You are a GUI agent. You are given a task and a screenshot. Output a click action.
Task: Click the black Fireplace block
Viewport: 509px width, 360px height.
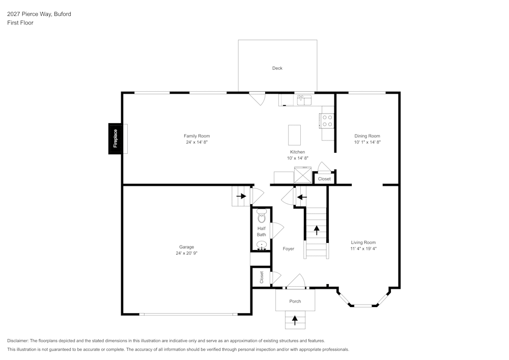pos(115,139)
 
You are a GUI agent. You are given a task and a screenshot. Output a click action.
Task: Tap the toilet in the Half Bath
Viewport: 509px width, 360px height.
pos(262,215)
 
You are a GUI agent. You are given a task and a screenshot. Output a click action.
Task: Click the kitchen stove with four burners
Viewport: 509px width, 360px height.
pos(327,121)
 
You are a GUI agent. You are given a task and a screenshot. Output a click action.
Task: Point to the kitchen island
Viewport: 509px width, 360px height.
pos(294,135)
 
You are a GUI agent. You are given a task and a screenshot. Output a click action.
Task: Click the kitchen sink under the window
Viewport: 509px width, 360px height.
pos(304,100)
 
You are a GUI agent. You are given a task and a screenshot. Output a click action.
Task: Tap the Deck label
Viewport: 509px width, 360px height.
pos(277,68)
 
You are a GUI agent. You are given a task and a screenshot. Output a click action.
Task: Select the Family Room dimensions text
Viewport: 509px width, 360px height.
pos(197,143)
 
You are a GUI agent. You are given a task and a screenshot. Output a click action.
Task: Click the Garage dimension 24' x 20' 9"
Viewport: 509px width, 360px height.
pos(186,253)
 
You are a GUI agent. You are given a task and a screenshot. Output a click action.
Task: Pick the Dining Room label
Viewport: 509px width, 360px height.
pos(367,136)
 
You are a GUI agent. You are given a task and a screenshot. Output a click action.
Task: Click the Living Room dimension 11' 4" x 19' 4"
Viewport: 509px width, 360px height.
pos(363,249)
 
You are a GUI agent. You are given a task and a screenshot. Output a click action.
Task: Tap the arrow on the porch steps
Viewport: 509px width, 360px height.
pos(295,320)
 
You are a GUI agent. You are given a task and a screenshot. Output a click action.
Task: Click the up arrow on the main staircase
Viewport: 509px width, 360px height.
pos(317,230)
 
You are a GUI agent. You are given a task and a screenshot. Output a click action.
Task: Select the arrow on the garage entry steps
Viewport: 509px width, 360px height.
pos(241,196)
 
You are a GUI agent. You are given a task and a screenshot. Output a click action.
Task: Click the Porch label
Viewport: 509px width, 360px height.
pos(295,301)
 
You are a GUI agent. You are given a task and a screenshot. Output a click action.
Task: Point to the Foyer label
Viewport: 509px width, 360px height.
pos(288,249)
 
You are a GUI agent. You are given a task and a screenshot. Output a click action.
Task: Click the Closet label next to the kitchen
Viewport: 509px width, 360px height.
pos(324,179)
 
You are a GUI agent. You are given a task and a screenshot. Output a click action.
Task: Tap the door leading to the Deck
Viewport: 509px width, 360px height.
pos(258,98)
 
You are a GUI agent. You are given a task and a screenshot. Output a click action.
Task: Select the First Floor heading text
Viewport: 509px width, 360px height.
pos(20,23)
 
